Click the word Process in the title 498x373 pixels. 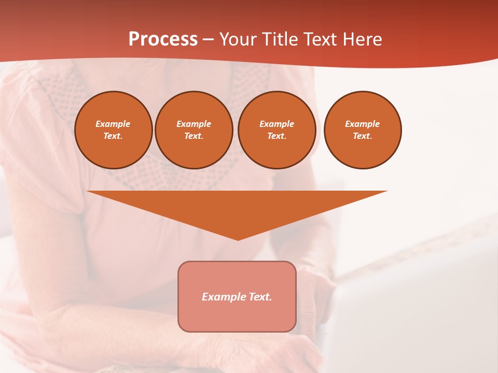click(163, 39)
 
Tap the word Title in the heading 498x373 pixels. click(282, 39)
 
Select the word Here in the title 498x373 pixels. click(363, 39)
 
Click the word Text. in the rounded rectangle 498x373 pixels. click(260, 297)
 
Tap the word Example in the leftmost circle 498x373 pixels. click(113, 124)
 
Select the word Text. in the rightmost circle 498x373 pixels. click(363, 136)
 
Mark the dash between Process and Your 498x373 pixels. click(208, 40)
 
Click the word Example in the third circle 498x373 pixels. click(277, 124)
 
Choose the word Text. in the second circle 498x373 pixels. click(194, 136)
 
